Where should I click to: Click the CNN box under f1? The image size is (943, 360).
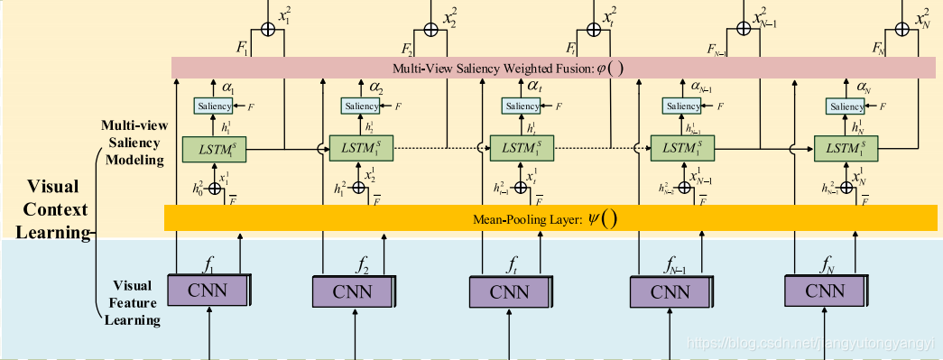208,291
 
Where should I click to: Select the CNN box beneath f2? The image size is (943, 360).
352,291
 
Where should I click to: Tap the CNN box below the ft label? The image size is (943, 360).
510,291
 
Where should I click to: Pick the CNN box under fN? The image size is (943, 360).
824,291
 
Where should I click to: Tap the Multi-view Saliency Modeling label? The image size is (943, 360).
131,143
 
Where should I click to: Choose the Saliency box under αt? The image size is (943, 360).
522,106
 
